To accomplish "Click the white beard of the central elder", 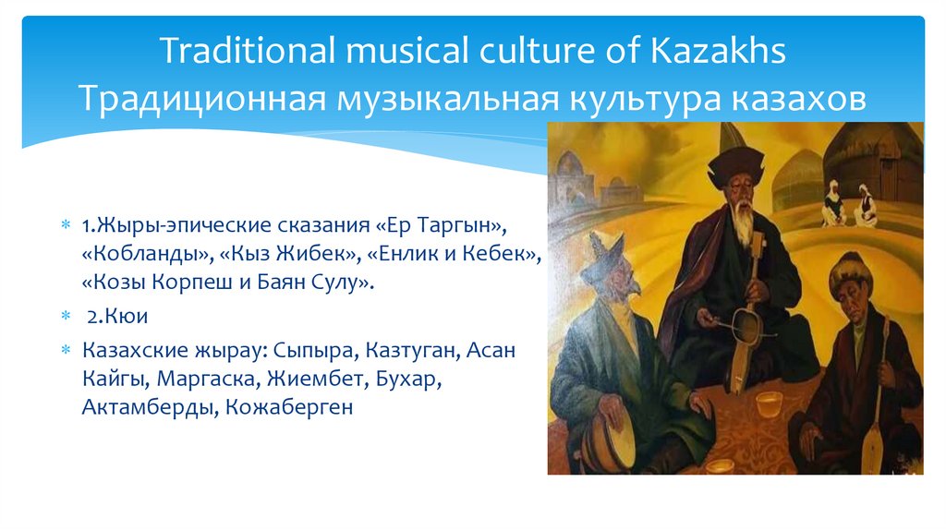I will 743,222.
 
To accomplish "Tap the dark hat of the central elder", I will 736,164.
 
